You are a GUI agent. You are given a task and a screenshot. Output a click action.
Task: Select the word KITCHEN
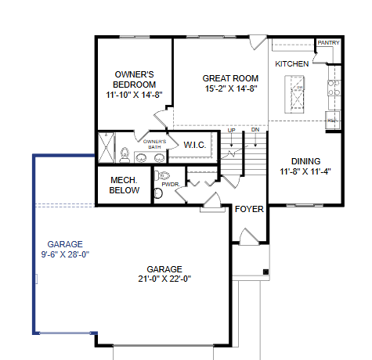point(291,63)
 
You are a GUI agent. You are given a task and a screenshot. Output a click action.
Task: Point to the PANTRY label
point(327,44)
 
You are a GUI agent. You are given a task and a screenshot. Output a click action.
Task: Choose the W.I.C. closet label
point(194,145)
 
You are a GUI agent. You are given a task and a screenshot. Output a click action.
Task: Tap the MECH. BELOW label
point(125,185)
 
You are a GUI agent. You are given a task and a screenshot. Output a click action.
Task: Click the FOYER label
point(250,210)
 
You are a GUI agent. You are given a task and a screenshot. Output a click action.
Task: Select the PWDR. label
point(171,185)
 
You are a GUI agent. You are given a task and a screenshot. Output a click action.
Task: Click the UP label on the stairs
point(231,131)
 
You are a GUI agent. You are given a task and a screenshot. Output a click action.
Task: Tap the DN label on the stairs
point(255,131)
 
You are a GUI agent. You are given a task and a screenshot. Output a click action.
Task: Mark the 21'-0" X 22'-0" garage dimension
point(164,279)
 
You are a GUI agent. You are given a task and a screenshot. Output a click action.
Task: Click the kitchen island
point(298,93)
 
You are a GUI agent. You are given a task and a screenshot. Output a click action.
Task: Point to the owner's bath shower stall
point(105,147)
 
